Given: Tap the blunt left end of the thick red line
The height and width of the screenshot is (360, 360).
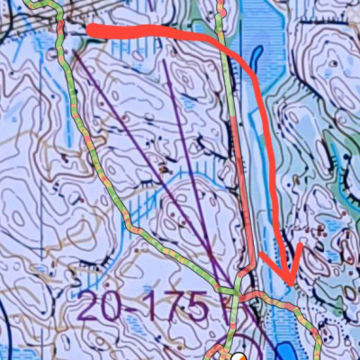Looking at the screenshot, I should [90, 31].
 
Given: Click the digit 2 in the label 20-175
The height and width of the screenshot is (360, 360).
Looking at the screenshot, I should [94, 309].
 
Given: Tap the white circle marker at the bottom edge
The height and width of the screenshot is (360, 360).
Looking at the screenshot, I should [238, 356].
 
